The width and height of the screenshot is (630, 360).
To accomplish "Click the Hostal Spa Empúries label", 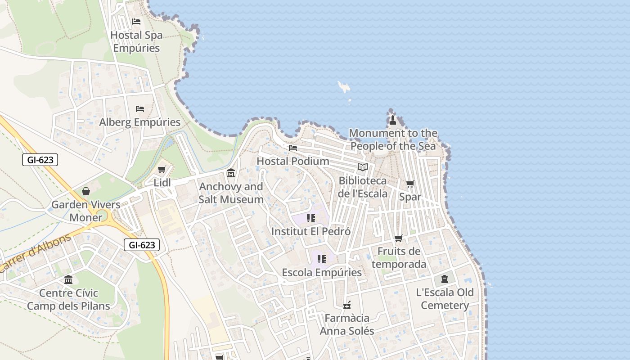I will click(136, 41).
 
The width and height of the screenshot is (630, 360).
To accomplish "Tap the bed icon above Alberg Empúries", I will click(140, 109).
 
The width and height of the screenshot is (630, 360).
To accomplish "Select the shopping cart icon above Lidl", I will click(162, 170).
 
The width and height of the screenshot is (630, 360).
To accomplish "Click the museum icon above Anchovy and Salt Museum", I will click(231, 173).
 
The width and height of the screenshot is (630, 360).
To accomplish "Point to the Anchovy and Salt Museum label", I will click(231, 193).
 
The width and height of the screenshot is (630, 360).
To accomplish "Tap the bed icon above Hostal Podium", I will click(293, 148).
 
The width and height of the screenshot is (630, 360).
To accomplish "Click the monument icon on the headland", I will click(393, 120).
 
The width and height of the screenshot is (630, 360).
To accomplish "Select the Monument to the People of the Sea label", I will click(393, 139).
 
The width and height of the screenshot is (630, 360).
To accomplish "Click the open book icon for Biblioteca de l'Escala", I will click(363, 167).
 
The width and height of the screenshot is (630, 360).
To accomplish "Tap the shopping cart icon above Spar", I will click(410, 184).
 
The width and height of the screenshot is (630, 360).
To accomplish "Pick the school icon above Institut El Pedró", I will click(311, 218).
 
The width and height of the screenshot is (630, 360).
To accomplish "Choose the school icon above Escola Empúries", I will click(322, 259).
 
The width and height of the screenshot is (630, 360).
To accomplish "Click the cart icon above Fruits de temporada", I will click(398, 238).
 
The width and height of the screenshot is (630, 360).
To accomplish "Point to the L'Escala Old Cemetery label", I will click(445, 299).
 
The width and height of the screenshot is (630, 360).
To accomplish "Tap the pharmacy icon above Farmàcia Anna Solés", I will click(347, 305).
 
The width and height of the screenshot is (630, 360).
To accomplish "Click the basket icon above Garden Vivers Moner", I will click(86, 191).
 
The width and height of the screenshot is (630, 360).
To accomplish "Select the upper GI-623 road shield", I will click(40, 160).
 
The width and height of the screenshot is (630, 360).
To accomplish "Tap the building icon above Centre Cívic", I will click(68, 280).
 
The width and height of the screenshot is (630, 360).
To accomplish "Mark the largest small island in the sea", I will click(344, 86).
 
